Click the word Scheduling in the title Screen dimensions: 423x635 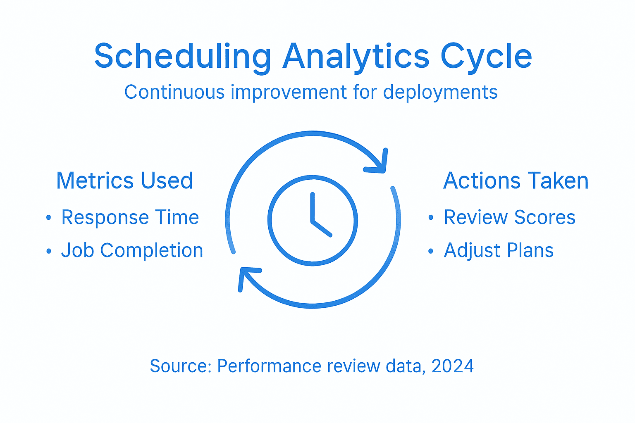tap(182, 57)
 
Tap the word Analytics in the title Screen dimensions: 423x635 tap(356, 57)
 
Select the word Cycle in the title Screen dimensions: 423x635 tap(486, 57)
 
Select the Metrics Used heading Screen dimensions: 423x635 tap(124, 181)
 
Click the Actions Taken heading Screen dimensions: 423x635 tap(516, 181)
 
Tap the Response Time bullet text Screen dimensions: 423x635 tap(130, 217)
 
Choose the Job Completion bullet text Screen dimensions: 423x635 tap(132, 250)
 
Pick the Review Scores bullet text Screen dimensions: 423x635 tap(509, 217)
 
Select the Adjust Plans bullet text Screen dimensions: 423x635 tap(499, 250)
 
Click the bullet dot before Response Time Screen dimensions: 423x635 tap(49, 218)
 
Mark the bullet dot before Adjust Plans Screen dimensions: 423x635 tap(431, 251)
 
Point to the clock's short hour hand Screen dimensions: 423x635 tap(322, 228)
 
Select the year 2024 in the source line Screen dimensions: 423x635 tap(452, 366)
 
